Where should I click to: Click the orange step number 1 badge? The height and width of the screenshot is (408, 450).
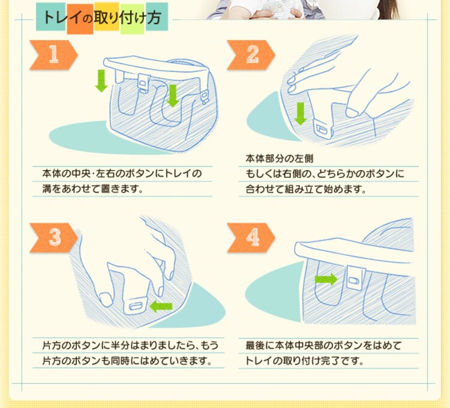[x=53, y=55]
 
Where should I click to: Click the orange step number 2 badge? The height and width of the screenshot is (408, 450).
[x=251, y=55]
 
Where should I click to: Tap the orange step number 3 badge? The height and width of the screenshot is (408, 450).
[x=53, y=237]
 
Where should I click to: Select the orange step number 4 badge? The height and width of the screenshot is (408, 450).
[x=251, y=237]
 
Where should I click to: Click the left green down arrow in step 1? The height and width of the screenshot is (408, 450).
[x=101, y=81]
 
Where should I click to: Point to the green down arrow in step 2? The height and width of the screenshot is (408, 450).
[x=301, y=113]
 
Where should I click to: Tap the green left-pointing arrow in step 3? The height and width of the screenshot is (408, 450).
[x=161, y=307]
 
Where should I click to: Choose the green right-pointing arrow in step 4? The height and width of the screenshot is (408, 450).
[x=326, y=279]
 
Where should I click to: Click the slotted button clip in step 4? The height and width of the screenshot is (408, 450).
[x=355, y=276]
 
